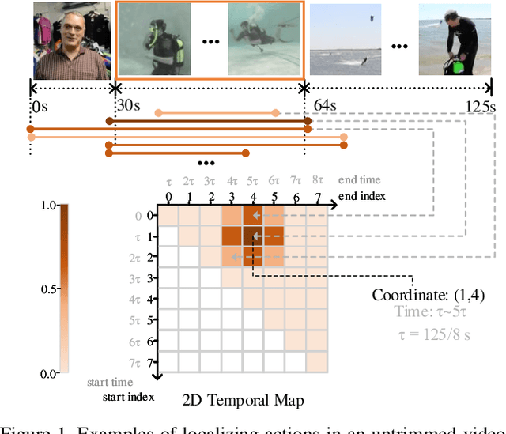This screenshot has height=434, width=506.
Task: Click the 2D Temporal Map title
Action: click(x=242, y=400)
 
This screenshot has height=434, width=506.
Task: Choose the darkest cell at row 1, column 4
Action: click(x=253, y=236)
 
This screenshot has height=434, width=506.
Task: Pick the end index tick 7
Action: click(x=316, y=196)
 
